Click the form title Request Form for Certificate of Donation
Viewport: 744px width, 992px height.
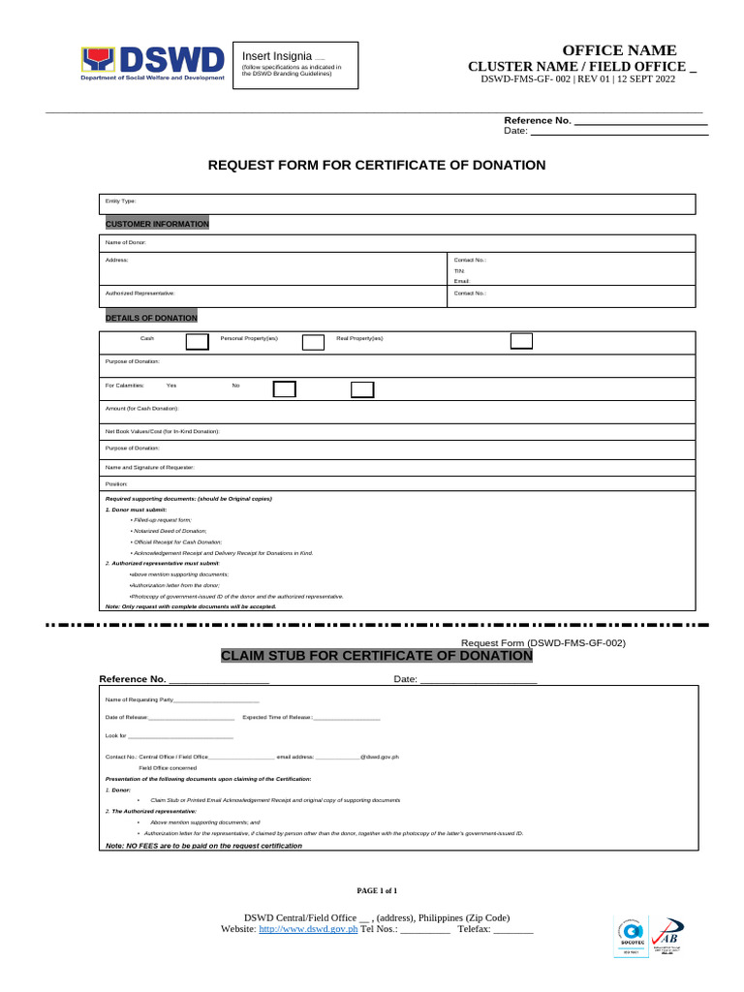(x=377, y=166)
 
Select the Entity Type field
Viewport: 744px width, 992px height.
(x=397, y=203)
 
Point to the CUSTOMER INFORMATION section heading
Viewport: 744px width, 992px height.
(x=157, y=224)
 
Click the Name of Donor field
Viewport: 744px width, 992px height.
(x=397, y=242)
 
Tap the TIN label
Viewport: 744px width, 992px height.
(x=460, y=271)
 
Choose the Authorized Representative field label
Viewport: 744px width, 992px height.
(x=140, y=292)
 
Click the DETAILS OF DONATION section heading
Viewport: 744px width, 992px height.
(x=151, y=318)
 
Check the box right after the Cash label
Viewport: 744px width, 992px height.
(x=197, y=341)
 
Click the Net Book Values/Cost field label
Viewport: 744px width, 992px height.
(x=162, y=430)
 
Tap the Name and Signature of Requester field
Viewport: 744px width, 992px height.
(x=397, y=467)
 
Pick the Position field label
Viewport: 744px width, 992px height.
(x=116, y=483)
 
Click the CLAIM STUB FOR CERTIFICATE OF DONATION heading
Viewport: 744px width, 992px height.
(x=377, y=656)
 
